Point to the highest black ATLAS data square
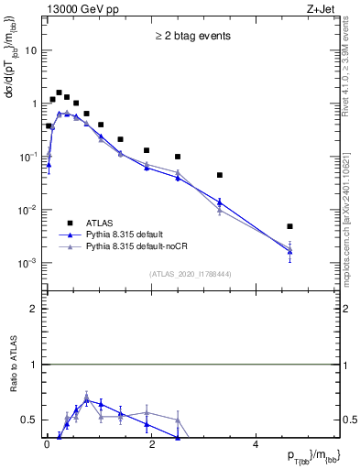pos(59,93)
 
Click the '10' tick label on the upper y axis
pos(30,50)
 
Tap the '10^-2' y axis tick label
pos(27,210)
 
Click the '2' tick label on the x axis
pos(151,445)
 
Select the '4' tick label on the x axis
pos(256,445)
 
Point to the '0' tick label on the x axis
pos(47,445)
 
